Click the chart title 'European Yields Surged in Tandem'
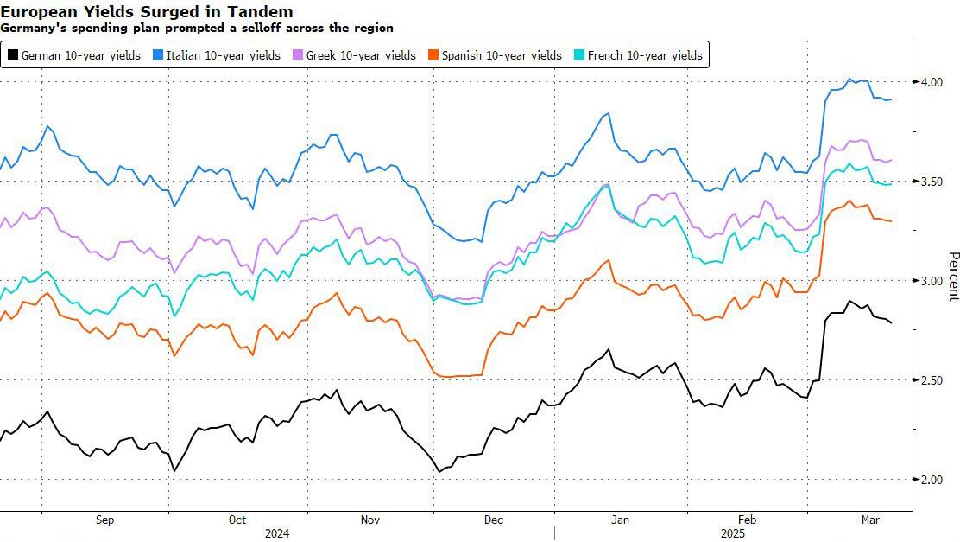point(147,11)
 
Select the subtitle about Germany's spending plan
point(197,28)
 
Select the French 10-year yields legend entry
point(645,55)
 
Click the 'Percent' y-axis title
point(953,277)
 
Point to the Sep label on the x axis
point(104,520)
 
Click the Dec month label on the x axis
point(494,520)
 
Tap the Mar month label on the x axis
point(871,520)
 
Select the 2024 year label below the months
point(277,533)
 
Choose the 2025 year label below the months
point(733,533)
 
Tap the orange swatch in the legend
point(433,55)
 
